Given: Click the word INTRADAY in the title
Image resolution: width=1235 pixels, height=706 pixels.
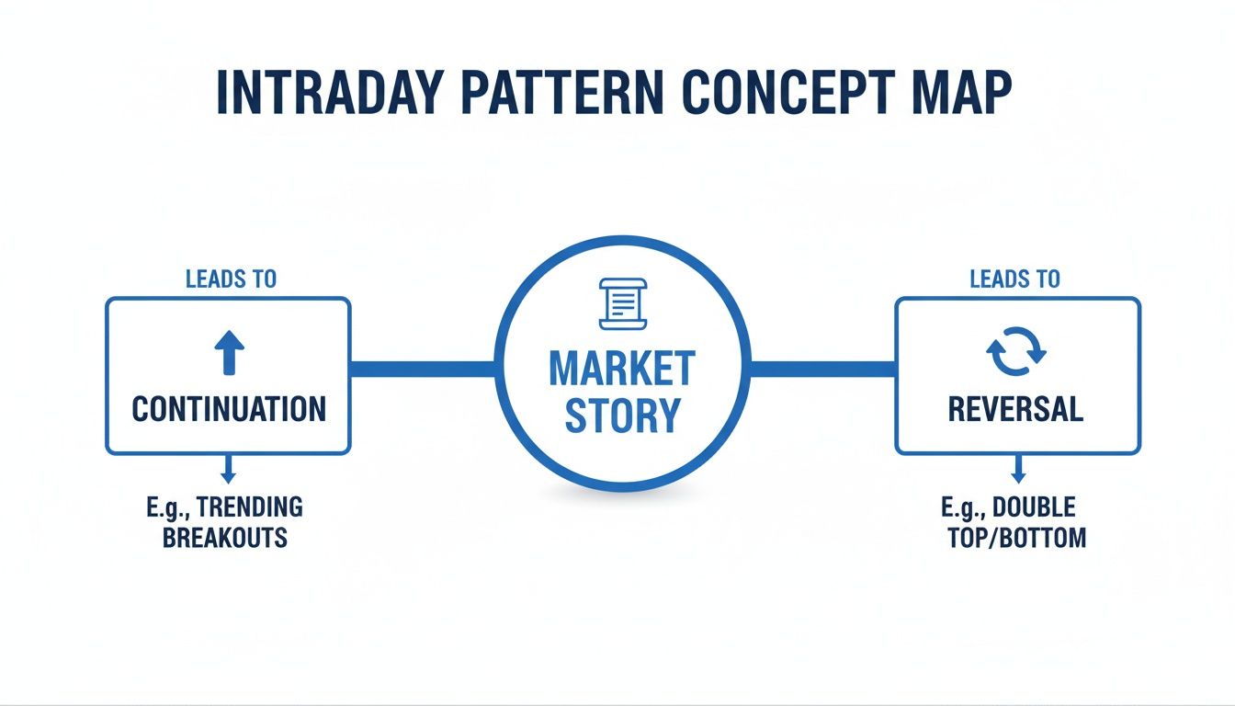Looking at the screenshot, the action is pyautogui.click(x=330, y=92).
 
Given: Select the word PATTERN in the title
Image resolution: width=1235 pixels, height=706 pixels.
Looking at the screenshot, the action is pyautogui.click(x=561, y=92).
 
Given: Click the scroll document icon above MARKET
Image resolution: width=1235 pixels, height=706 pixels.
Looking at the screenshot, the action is pyautogui.click(x=623, y=303).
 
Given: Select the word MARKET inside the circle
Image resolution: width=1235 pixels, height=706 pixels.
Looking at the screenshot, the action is pyautogui.click(x=622, y=369).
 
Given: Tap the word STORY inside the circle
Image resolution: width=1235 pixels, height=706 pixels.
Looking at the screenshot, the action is pyautogui.click(x=622, y=415).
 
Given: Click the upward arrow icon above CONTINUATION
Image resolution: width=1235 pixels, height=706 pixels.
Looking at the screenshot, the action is pyautogui.click(x=230, y=353).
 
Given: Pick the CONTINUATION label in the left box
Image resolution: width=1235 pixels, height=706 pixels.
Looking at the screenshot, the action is pyautogui.click(x=229, y=409).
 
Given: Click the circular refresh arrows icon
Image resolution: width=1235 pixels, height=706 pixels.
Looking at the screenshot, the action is pyautogui.click(x=1016, y=351).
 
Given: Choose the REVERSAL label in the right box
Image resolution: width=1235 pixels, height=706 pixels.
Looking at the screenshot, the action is pyautogui.click(x=1015, y=409).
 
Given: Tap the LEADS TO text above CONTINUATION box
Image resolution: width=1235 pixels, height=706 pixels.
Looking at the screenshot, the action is pyautogui.click(x=231, y=279).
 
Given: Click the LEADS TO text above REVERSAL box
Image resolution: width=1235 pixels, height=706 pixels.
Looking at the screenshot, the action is pyautogui.click(x=1015, y=279).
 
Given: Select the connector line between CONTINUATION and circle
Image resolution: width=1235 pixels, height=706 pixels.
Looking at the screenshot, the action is pyautogui.click(x=423, y=369).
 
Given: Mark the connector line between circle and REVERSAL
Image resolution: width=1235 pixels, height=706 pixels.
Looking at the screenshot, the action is pyautogui.click(x=822, y=369).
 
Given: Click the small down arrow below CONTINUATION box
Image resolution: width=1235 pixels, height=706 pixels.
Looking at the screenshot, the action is pyautogui.click(x=228, y=470).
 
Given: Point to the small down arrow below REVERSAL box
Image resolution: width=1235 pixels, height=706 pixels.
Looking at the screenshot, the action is pyautogui.click(x=1018, y=470).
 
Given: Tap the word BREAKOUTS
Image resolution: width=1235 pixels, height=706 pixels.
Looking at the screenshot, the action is pyautogui.click(x=225, y=538).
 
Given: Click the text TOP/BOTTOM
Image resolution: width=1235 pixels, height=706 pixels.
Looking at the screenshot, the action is pyautogui.click(x=1017, y=538).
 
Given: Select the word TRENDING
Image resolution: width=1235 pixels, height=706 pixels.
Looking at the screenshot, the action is pyautogui.click(x=250, y=507).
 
